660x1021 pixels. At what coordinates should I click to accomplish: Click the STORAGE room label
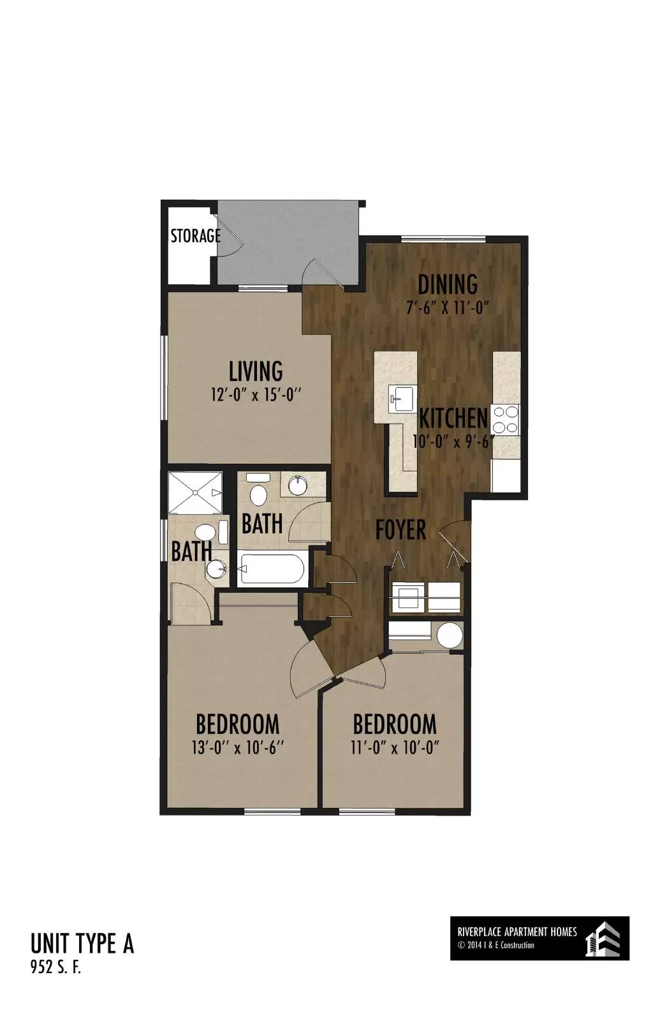195,235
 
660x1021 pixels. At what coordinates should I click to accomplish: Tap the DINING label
448,285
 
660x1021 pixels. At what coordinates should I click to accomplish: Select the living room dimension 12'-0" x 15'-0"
256,394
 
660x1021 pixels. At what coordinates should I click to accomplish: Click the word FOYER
401,530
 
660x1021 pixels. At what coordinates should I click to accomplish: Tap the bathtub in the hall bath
272,569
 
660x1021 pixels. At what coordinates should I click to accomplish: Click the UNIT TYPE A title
82,944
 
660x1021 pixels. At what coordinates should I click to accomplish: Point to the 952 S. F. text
55,968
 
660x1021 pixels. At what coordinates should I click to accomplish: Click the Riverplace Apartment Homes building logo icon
602,939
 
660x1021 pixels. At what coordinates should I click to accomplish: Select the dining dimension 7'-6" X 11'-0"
448,308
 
